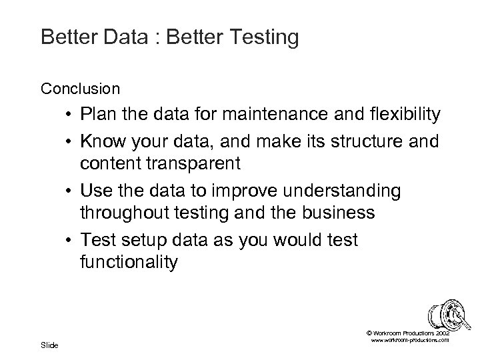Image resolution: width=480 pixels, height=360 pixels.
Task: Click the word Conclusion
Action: click(80, 88)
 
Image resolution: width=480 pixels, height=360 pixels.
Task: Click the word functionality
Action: click(129, 263)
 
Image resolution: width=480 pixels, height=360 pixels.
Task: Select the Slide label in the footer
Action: click(49, 345)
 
